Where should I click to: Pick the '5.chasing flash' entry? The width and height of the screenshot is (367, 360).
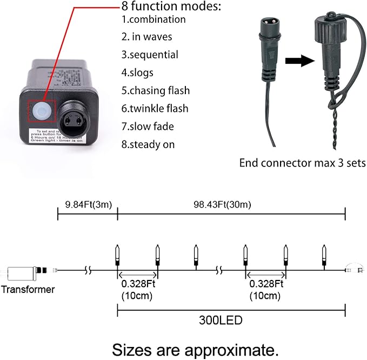pyautogui.click(x=156, y=90)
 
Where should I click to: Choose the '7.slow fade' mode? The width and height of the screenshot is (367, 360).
pyautogui.click(x=148, y=126)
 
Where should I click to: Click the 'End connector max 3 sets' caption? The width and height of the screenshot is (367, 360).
pyautogui.click(x=303, y=163)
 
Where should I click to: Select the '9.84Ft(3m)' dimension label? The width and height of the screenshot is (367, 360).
pyautogui.click(x=88, y=205)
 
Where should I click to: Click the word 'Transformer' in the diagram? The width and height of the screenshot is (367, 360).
pyautogui.click(x=28, y=289)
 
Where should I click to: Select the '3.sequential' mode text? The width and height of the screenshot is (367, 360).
pyautogui.click(x=150, y=55)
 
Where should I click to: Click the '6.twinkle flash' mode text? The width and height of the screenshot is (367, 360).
pyautogui.click(x=155, y=109)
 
